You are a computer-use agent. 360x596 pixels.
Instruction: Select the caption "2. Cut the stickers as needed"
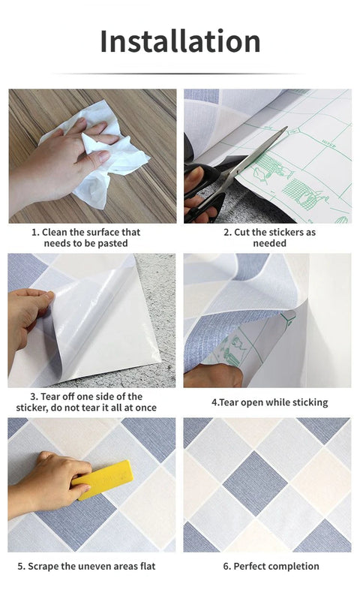[269, 238]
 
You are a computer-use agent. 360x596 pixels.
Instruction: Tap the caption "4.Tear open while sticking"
[269, 402]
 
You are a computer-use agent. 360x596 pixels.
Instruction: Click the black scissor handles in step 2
[202, 191]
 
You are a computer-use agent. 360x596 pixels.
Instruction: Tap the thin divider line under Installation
[180, 74]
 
